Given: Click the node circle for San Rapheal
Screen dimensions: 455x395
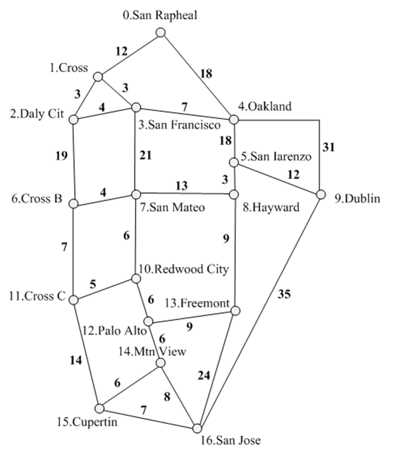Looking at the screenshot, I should click(x=160, y=33).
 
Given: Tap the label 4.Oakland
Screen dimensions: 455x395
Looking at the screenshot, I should click(x=264, y=106).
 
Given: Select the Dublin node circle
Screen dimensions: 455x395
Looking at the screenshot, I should click(x=321, y=195).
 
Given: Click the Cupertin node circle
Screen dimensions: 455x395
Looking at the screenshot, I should click(x=99, y=407).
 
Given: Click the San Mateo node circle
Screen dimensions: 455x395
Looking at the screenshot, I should click(x=136, y=193).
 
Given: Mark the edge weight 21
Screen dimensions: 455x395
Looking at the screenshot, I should click(x=146, y=156).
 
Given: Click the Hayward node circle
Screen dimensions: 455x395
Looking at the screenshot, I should click(x=234, y=194).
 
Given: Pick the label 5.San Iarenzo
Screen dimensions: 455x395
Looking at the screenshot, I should click(x=276, y=157).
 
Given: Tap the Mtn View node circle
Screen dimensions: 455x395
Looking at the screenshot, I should click(x=160, y=363).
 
